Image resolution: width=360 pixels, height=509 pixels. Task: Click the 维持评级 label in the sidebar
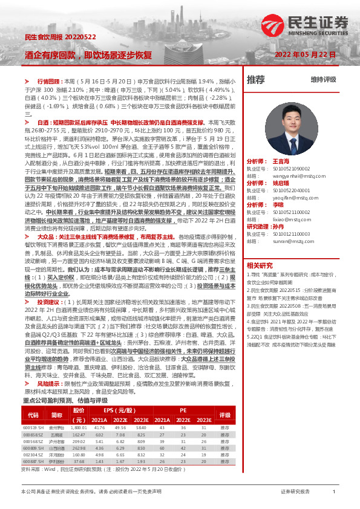pyautogui.click(x=323, y=79)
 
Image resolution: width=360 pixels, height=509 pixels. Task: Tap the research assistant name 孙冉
pyautogui.click(x=278, y=226)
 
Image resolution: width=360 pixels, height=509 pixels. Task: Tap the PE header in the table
pyautogui.click(x=183, y=410)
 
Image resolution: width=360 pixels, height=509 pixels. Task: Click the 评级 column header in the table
pyautogui.click(x=225, y=415)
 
